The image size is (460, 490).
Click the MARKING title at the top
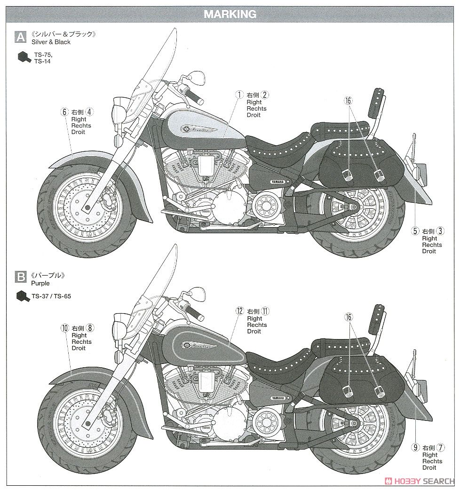(x=230, y=14)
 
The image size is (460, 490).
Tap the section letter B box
(x=21, y=277)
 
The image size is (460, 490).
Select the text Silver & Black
(x=51, y=42)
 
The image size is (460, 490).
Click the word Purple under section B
(x=40, y=284)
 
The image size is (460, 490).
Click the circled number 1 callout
(x=239, y=95)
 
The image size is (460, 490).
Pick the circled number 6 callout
(x=64, y=112)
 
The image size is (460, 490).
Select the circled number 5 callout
(x=415, y=231)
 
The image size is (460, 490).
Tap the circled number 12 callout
(x=240, y=311)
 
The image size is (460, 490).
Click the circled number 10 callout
(x=64, y=328)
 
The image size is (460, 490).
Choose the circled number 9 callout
(x=415, y=448)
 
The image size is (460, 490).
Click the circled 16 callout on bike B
(x=349, y=317)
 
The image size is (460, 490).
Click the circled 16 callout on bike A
(x=349, y=100)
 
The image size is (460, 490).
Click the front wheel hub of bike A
(x=87, y=207)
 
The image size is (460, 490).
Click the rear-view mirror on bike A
(x=196, y=76)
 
